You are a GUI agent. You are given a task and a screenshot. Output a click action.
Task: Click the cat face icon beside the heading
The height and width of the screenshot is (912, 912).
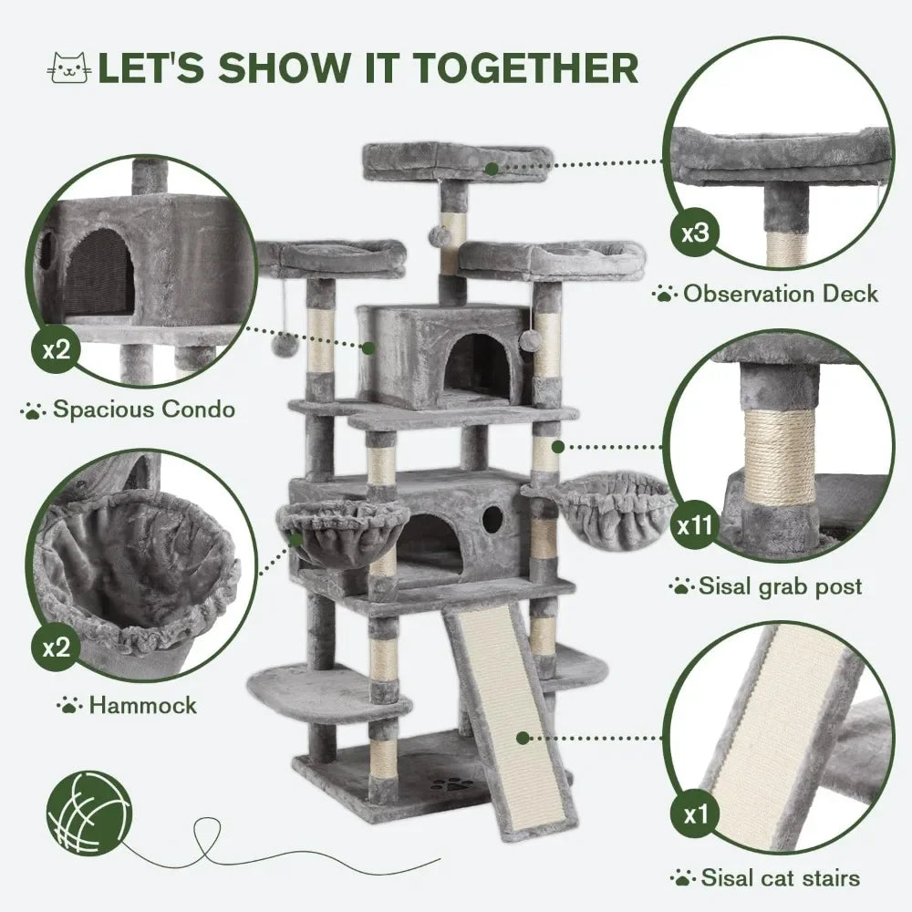(70, 69)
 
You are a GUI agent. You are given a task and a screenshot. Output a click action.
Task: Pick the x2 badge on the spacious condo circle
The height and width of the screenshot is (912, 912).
(57, 350)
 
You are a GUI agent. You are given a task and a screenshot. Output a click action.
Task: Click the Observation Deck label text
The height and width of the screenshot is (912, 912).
(780, 294)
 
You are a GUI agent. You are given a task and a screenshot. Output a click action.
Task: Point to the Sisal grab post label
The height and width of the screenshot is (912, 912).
(779, 586)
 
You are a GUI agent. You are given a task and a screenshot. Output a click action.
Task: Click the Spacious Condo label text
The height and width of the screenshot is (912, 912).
(142, 409)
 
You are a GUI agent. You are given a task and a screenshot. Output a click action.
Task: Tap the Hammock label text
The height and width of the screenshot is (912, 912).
(141, 705)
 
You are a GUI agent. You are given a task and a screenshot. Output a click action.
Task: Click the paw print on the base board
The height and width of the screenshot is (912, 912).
(447, 783)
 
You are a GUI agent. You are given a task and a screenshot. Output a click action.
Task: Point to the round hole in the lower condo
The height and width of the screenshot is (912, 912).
(492, 520)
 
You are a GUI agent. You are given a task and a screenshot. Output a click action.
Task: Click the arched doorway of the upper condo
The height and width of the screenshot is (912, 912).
(477, 365)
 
